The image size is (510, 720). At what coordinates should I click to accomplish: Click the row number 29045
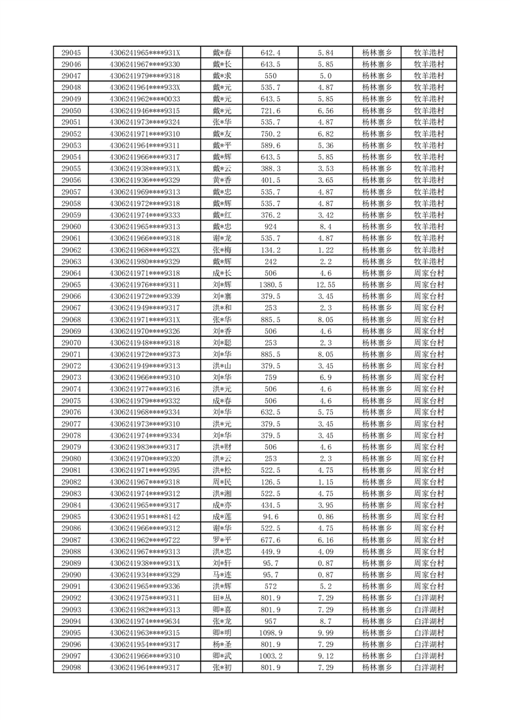71,53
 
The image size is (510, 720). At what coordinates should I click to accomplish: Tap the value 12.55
326,285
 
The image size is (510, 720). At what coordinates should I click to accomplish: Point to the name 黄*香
222,180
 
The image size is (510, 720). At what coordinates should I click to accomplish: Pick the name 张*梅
222,250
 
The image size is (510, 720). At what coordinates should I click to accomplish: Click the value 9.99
326,633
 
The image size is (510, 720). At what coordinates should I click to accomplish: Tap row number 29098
71,667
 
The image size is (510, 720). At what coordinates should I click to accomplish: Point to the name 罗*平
222,540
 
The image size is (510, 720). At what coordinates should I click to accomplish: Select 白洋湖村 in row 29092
428,598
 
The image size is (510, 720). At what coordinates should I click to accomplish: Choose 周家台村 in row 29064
428,273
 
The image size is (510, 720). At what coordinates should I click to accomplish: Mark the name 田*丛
222,598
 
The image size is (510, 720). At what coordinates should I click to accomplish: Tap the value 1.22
326,250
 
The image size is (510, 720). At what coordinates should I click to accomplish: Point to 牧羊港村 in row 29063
428,261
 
